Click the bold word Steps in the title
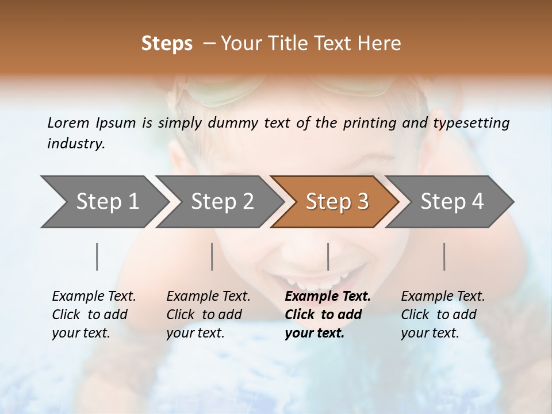pyautogui.click(x=167, y=44)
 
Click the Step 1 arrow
pyautogui.click(x=103, y=202)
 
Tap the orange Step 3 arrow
pyautogui.click(x=336, y=202)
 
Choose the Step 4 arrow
pyautogui.click(x=451, y=202)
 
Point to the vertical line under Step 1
pyautogui.click(x=97, y=256)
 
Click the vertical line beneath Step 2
pyautogui.click(x=212, y=256)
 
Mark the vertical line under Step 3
pyautogui.click(x=328, y=256)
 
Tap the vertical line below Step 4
pyautogui.click(x=444, y=256)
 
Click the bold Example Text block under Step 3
pyautogui.click(x=328, y=315)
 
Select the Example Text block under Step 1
pyautogui.click(x=94, y=315)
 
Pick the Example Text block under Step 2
pyautogui.click(x=208, y=315)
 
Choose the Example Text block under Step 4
pyautogui.click(x=443, y=315)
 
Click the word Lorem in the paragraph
pyautogui.click(x=68, y=122)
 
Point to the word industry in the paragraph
pyautogui.click(x=76, y=144)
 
